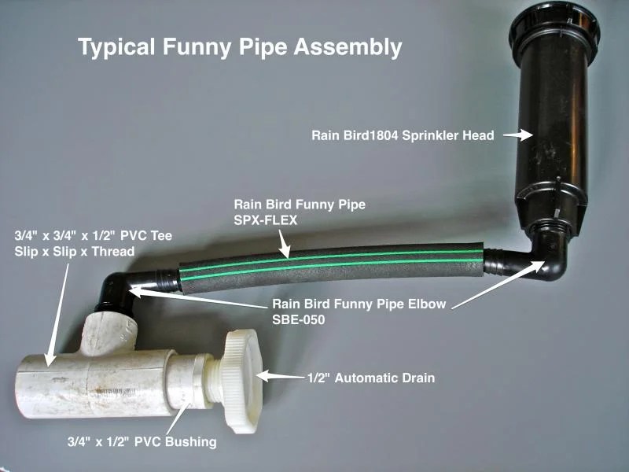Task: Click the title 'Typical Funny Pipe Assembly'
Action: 240,47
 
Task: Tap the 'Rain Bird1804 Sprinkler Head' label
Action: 403,135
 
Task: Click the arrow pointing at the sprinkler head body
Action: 518,135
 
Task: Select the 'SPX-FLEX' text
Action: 266,220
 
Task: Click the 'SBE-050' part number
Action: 299,320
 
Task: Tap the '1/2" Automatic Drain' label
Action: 371,378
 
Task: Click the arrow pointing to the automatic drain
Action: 280,377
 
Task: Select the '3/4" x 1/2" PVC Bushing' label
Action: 142,442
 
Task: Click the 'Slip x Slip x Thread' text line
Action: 75,252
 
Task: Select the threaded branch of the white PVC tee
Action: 109,334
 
